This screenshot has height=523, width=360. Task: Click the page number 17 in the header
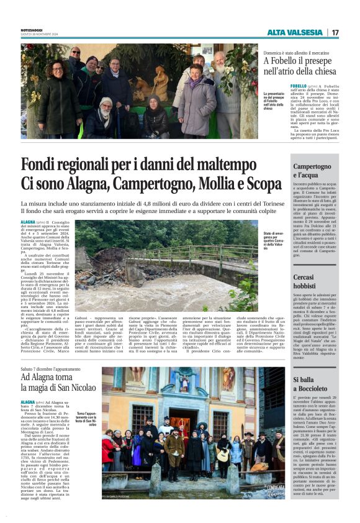click(335, 32)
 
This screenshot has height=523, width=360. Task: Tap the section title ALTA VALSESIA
click(295, 32)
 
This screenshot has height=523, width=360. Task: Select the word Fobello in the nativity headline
click(284, 61)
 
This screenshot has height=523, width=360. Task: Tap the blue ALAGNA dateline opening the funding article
click(28, 221)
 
